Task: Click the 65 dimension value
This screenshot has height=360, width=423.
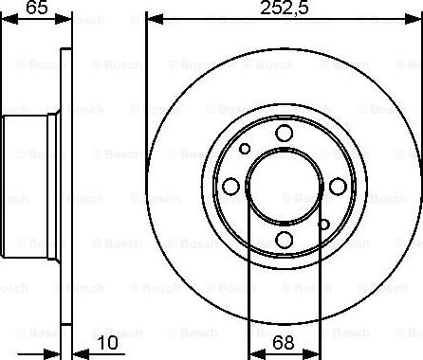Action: point(37,9)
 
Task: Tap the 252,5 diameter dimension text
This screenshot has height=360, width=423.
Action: point(284,9)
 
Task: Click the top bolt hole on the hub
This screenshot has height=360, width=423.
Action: point(285,135)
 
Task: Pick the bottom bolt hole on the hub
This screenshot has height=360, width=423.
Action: point(284,239)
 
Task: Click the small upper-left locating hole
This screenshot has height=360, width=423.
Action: point(245,149)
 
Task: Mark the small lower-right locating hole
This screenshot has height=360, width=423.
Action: point(324,225)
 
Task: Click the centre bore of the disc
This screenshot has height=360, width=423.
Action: point(284,187)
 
